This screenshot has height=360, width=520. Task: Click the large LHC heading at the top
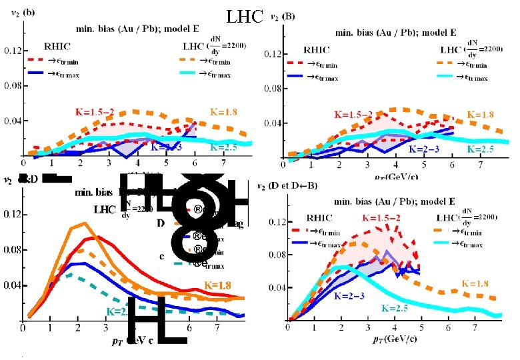coord(245,15)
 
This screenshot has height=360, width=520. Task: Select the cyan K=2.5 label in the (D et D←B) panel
coord(399,308)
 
